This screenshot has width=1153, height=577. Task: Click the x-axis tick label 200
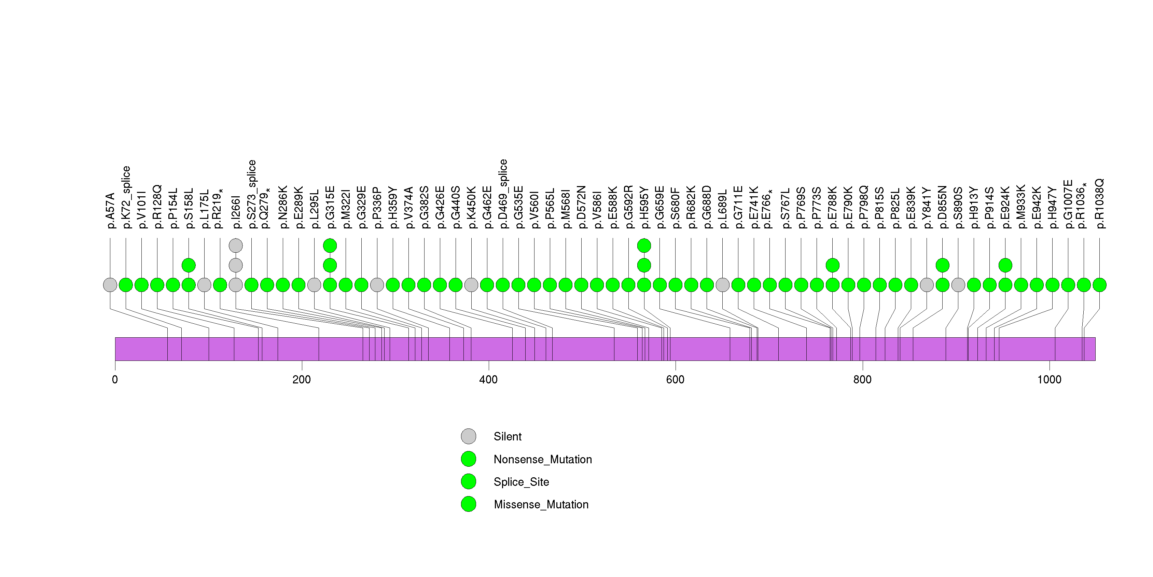point(301,380)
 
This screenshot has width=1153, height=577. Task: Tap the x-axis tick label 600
point(675,380)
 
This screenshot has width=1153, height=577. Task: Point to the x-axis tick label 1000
point(1049,380)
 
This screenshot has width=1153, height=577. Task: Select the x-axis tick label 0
point(115,380)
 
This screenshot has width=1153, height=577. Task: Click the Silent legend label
point(507,437)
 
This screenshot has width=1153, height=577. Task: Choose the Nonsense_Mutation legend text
point(542,459)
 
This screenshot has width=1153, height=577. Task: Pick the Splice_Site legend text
point(521,482)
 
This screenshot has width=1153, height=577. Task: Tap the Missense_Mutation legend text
point(541,505)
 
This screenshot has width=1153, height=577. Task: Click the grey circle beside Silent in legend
point(469,437)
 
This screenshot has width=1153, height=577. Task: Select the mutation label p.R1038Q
point(1100,204)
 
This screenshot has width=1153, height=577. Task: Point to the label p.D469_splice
point(503,194)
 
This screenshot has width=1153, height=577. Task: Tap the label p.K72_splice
point(126,197)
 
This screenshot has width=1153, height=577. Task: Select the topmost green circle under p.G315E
point(330,245)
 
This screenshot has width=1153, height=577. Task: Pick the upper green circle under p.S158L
point(189,265)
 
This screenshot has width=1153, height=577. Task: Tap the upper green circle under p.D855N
point(943,265)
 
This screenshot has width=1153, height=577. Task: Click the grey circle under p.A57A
point(110,285)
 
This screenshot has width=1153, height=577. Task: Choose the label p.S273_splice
point(252,194)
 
